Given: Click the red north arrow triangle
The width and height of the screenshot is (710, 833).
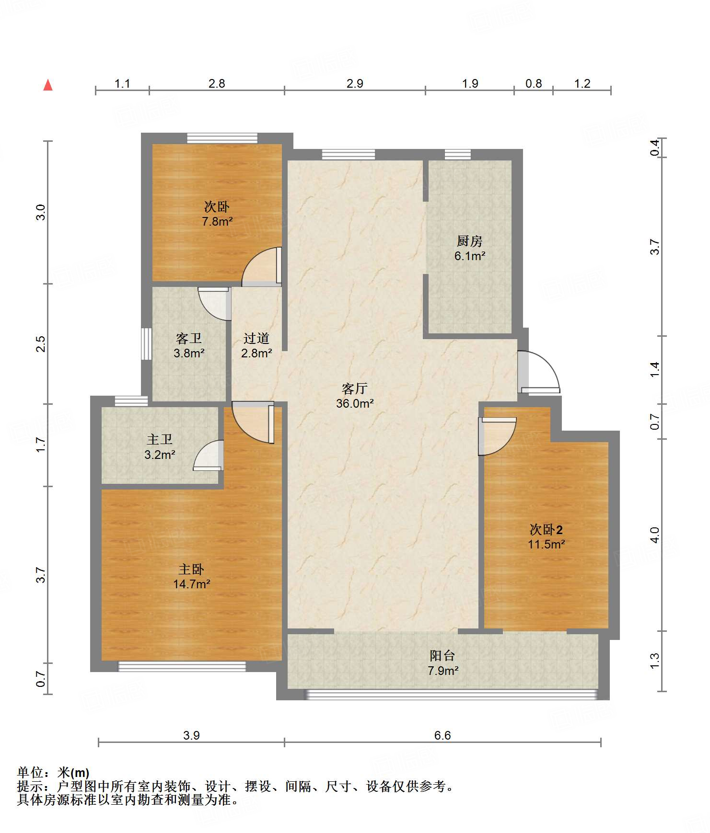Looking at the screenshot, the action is click(48, 85).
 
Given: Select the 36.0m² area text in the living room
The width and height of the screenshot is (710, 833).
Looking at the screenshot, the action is click(355, 403).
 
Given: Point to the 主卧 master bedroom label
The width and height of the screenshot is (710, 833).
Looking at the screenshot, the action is click(191, 569).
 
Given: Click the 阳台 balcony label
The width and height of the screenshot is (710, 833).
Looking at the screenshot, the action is click(442, 656).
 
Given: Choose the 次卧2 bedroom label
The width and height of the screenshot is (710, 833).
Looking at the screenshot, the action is click(546, 529).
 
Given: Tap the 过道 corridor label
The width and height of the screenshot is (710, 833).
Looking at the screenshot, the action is click(256, 338).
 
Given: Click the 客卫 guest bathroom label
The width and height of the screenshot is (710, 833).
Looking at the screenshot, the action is click(188, 338).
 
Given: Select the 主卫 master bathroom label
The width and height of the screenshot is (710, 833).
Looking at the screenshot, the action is click(160, 439).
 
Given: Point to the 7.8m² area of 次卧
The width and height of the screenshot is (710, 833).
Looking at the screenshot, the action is click(217, 221).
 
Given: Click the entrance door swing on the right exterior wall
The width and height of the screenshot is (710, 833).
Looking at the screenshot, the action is click(539, 372).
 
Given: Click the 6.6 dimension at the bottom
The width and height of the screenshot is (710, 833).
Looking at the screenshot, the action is click(442, 735).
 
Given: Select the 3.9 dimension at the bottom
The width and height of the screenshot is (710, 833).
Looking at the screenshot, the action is click(191, 735).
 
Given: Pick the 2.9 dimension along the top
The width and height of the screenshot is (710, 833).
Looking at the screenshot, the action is click(355, 83).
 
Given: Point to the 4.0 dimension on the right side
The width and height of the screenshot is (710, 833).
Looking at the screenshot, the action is click(655, 535).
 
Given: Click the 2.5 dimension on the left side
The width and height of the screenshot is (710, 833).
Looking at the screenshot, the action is click(41, 344).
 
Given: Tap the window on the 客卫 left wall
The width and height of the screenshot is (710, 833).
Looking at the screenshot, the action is click(147, 343).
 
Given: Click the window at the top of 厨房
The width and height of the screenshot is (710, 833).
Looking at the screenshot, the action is click(458, 154).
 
